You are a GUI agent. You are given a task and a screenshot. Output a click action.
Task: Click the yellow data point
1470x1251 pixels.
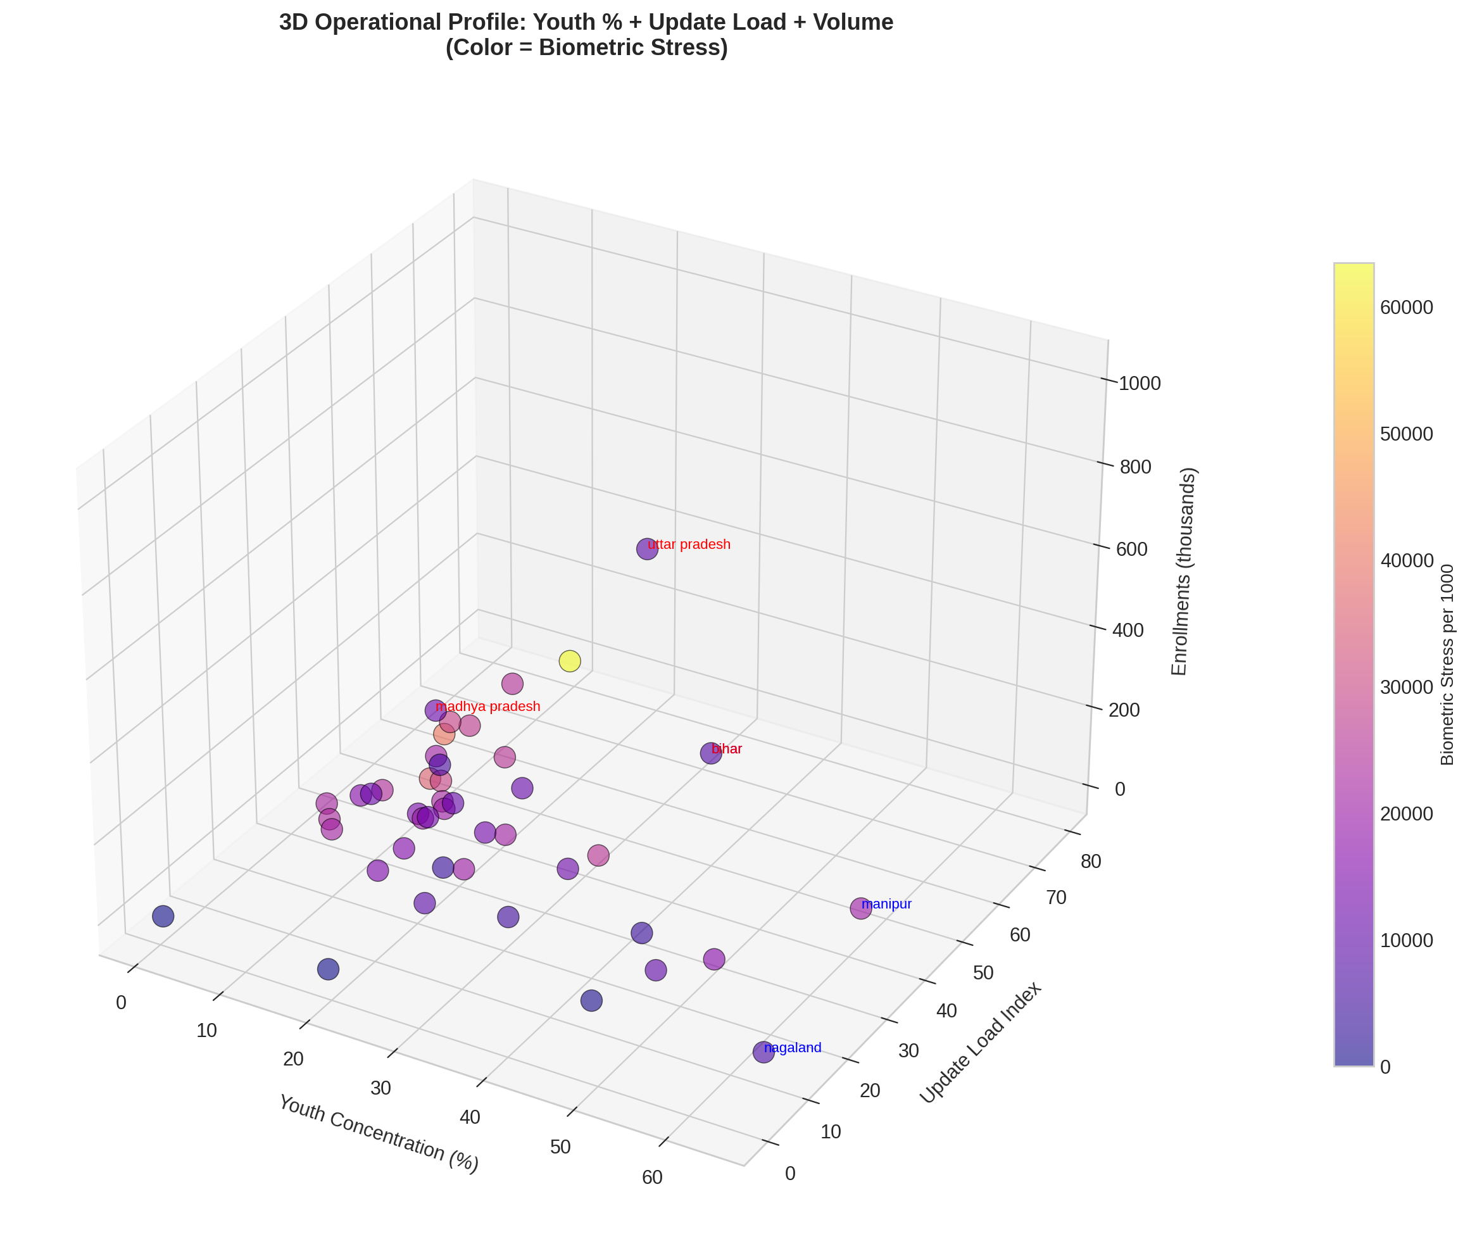click(569, 661)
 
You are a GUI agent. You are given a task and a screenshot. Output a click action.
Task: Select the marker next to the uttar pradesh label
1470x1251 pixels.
click(648, 549)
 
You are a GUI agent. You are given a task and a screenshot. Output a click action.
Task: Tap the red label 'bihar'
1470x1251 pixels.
click(727, 749)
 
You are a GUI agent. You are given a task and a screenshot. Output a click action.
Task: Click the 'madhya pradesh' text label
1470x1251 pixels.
click(488, 707)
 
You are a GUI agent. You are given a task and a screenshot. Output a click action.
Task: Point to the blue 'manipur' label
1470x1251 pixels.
click(886, 904)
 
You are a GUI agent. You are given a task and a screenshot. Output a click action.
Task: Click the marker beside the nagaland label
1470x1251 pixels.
click(763, 1052)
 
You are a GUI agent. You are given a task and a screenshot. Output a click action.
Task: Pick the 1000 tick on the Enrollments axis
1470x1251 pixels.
click(1140, 384)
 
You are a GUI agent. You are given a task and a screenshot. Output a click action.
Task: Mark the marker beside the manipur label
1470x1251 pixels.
click(860, 908)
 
